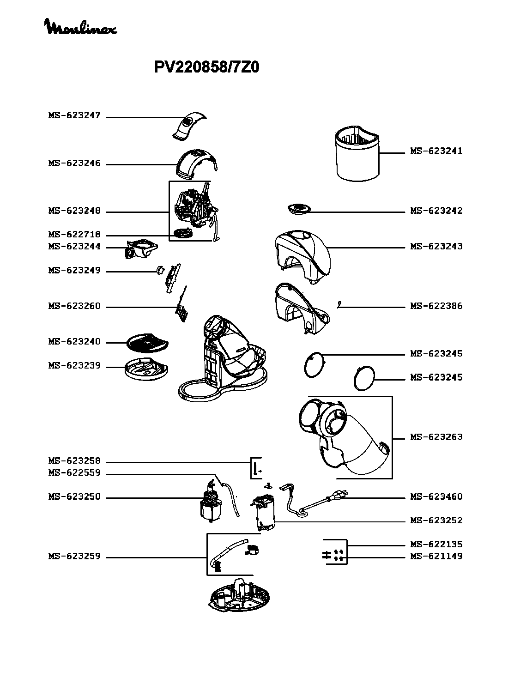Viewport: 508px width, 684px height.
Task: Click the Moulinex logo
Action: tap(80, 27)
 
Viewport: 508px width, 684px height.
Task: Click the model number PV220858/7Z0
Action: tap(206, 68)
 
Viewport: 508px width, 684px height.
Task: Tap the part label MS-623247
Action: tap(74, 115)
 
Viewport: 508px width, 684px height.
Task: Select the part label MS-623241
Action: tap(436, 151)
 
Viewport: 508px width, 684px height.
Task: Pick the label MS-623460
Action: tap(436, 497)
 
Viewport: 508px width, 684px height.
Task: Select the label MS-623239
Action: tap(74, 366)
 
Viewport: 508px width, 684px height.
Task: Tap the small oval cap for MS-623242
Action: tap(297, 209)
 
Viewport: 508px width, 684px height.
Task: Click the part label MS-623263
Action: tap(436, 437)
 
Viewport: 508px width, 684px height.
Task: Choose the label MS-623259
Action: tap(74, 557)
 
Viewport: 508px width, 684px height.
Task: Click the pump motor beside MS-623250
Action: tap(211, 505)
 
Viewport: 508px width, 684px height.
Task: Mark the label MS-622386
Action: tap(436, 306)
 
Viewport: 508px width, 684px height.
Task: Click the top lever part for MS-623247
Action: tap(189, 124)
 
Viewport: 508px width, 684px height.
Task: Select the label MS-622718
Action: tap(74, 235)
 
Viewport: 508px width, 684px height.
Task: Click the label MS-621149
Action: tap(436, 557)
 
